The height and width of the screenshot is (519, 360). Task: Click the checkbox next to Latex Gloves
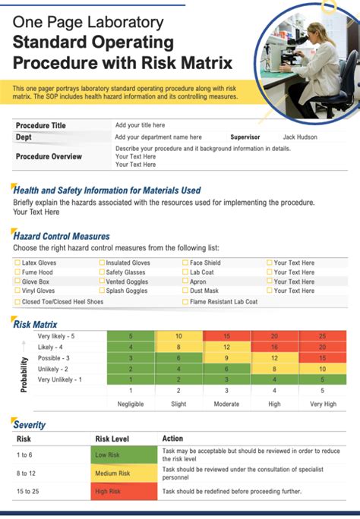pyautogui.click(x=17, y=263)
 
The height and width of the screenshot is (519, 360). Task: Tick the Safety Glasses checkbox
pyautogui.click(x=102, y=272)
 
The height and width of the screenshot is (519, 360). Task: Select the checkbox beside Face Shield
pyautogui.click(x=185, y=263)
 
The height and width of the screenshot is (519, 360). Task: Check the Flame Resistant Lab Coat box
pyautogui.click(x=185, y=301)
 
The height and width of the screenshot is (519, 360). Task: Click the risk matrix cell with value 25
pyautogui.click(x=322, y=336)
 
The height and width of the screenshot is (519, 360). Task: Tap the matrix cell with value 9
pyautogui.click(x=226, y=357)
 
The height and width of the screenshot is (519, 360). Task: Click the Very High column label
pyautogui.click(x=322, y=404)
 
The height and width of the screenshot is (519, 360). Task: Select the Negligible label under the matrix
pyautogui.click(x=130, y=404)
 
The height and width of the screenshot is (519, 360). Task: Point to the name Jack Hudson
pyautogui.click(x=300, y=137)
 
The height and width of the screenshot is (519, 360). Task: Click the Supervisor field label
pyautogui.click(x=245, y=137)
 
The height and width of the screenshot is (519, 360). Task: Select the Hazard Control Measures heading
pyautogui.click(x=62, y=237)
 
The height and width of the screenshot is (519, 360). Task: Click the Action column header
pyautogui.click(x=172, y=439)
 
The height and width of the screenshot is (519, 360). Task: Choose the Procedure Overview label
pyautogui.click(x=49, y=156)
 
